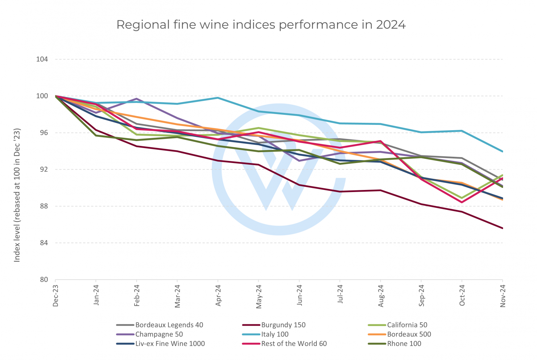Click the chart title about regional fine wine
pos(261,25)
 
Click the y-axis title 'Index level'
pos(17,195)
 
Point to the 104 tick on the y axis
pos(42,59)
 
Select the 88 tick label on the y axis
pos(43,206)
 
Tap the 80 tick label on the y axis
pos(43,280)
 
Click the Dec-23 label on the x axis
pos(56,296)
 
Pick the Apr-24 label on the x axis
pos(218,296)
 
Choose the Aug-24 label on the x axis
pos(381,296)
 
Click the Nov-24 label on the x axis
pos(503,296)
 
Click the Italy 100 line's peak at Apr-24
pos(218,98)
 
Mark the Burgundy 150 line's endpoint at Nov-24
pos(502,228)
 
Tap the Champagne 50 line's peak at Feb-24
pos(137,99)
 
